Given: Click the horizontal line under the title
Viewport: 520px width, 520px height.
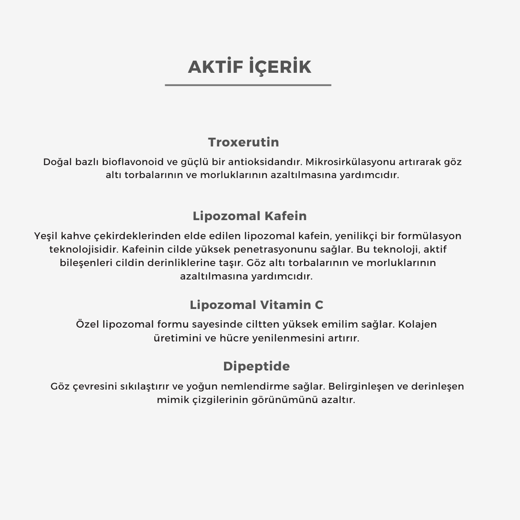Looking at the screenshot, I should point(248,85).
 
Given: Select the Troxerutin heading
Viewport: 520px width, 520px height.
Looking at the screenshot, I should point(244,142).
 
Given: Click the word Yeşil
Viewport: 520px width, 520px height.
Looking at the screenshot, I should point(46,236).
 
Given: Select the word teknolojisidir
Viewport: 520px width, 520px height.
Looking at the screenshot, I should point(84,250).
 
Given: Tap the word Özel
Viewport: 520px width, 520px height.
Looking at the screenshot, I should point(88,325).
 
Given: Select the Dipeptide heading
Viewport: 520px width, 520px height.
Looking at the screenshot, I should point(257,366).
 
